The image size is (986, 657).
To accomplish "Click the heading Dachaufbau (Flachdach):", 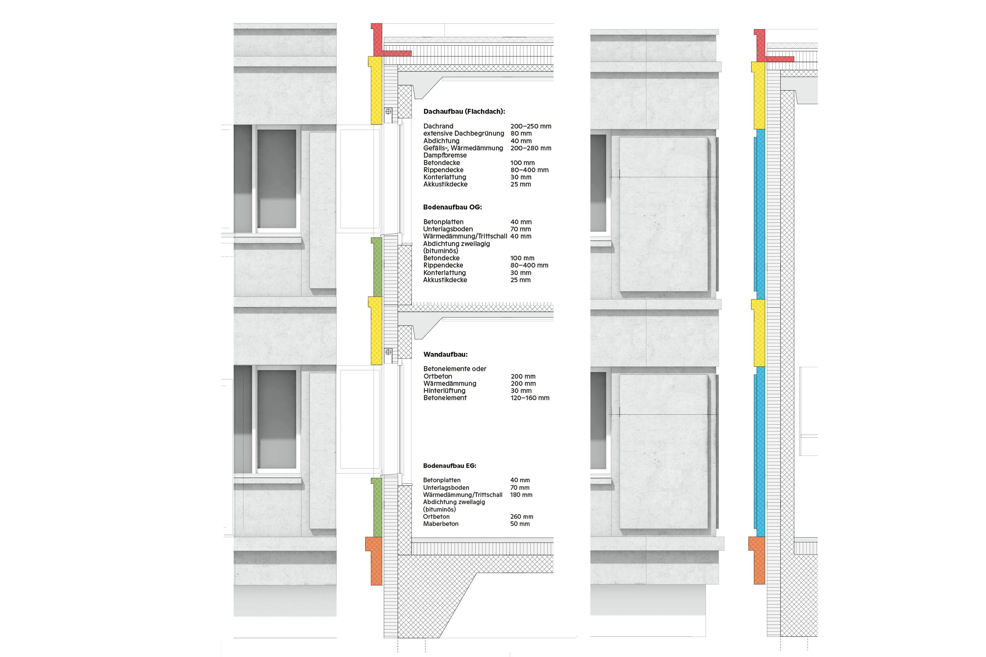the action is coord(464,112).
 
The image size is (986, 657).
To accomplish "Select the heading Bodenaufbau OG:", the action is coord(452,207).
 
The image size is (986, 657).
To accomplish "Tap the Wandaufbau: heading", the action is coord(445,355).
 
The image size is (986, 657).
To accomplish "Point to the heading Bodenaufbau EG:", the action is coord(450,465).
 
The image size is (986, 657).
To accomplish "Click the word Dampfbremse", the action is coord(445,155).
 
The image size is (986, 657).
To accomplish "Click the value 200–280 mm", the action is coord(531,148).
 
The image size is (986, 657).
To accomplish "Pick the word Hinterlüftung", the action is coord(444,390).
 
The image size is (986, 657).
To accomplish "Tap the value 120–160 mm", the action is coord(530,398).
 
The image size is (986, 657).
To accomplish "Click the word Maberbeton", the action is coord(441,524).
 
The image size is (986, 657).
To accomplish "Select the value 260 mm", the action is coord(521,517).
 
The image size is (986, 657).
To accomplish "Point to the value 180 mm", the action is coord(521,495).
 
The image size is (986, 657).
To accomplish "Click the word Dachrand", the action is coord(438,126).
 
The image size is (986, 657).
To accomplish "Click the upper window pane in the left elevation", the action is coord(277,179).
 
